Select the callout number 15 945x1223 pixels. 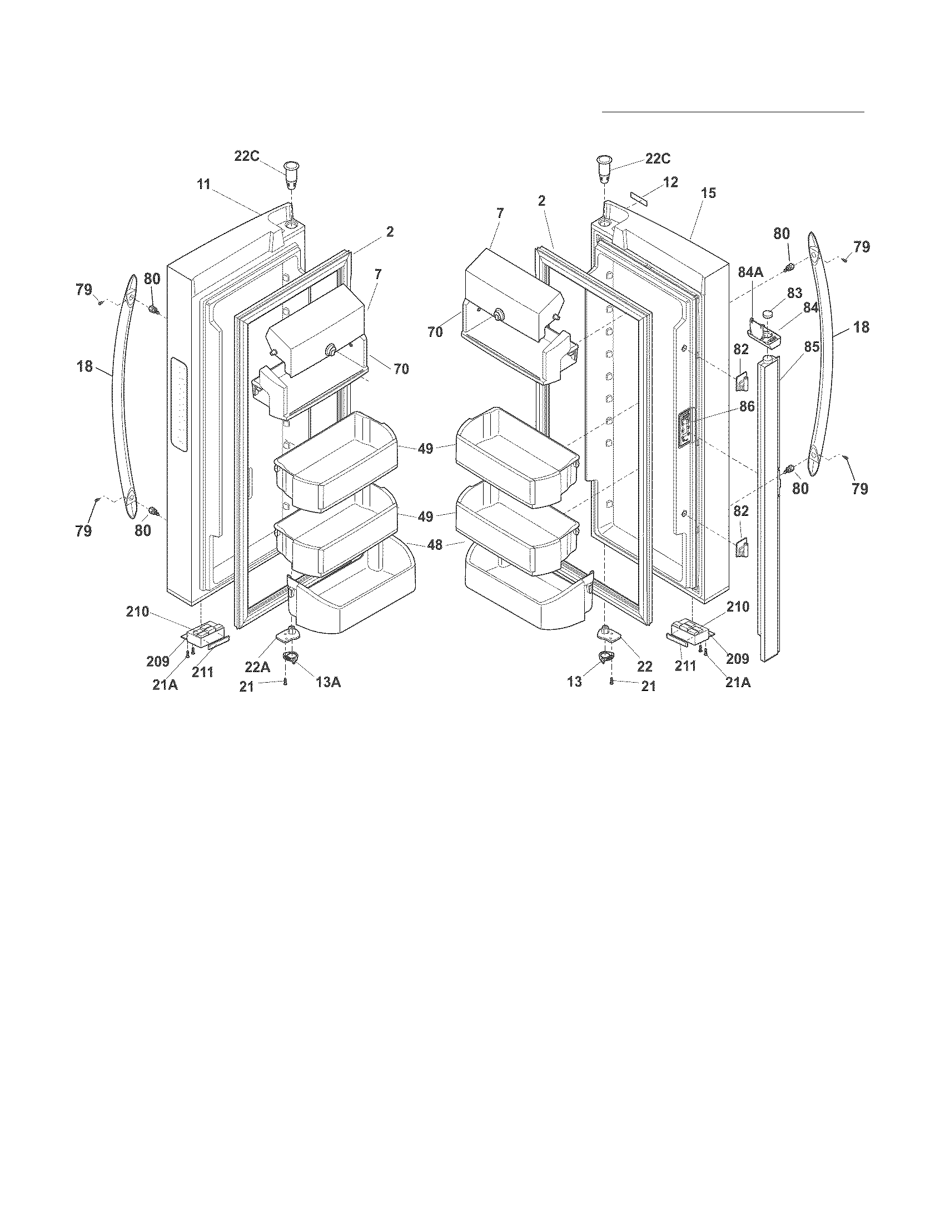[x=708, y=193]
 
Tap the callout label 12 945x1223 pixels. [x=671, y=182]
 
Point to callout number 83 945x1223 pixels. [x=794, y=293]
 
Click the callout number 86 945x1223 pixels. [x=747, y=406]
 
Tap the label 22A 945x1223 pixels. [x=257, y=667]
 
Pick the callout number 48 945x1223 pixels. [x=435, y=544]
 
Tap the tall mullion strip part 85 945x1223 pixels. [x=768, y=504]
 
